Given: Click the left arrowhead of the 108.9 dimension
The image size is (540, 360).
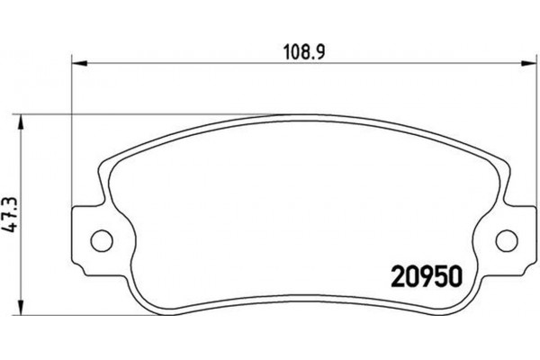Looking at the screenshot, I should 77,63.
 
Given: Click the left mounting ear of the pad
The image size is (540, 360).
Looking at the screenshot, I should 90,239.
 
